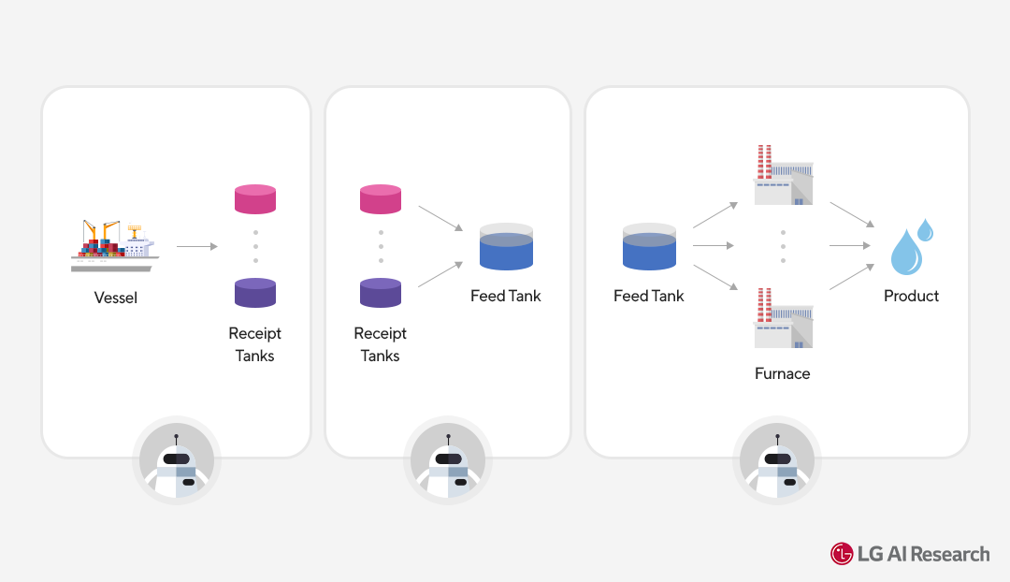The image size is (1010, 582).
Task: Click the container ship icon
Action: [x=115, y=245]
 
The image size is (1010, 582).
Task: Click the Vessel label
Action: [x=115, y=298]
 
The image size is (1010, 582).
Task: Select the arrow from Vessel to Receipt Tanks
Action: [x=196, y=247]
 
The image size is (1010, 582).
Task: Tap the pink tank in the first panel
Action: [x=255, y=199]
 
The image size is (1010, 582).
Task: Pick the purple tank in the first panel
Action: [x=255, y=293]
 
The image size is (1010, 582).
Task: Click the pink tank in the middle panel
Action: [x=381, y=199]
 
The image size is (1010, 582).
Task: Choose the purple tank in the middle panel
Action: [x=381, y=293]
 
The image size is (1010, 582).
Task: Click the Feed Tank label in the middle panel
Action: [x=506, y=296]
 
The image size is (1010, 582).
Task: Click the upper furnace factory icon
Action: [x=783, y=176]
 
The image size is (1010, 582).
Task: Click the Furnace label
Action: [x=783, y=373]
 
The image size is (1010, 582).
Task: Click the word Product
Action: [x=911, y=296]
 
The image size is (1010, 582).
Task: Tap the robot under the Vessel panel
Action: [x=177, y=461]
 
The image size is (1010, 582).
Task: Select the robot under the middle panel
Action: [x=448, y=461]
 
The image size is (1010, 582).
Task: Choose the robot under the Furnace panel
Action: [x=777, y=461]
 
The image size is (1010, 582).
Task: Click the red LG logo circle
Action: [x=842, y=554]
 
